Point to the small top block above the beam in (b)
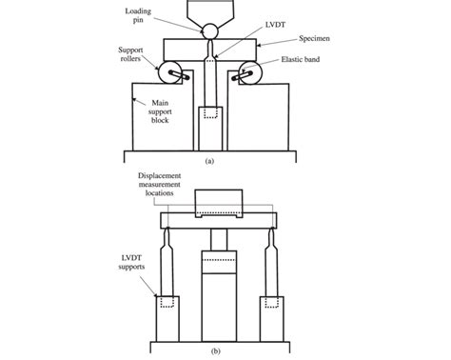coord(219,202)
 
